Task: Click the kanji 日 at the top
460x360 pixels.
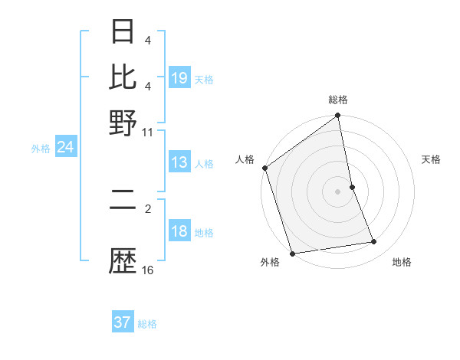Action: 123,33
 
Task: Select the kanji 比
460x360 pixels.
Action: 123,77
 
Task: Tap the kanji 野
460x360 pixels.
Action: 123,120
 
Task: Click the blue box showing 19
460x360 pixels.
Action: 179,77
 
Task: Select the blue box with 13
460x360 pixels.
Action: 179,162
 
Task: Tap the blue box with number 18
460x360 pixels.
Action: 179,232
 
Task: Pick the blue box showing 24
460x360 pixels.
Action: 65,147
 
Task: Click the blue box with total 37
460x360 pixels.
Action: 123,322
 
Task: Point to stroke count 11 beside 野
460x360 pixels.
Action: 148,132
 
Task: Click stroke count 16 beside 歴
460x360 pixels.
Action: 148,270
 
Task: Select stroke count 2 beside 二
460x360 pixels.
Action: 148,207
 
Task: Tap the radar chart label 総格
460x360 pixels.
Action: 338,100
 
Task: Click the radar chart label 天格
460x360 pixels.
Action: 431,159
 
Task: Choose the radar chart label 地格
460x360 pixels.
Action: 402,263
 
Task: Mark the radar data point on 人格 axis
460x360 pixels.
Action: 264,168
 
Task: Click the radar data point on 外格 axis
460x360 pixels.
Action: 292,254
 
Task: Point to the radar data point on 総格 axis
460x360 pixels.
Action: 338,116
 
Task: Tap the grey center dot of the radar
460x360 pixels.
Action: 338,191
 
